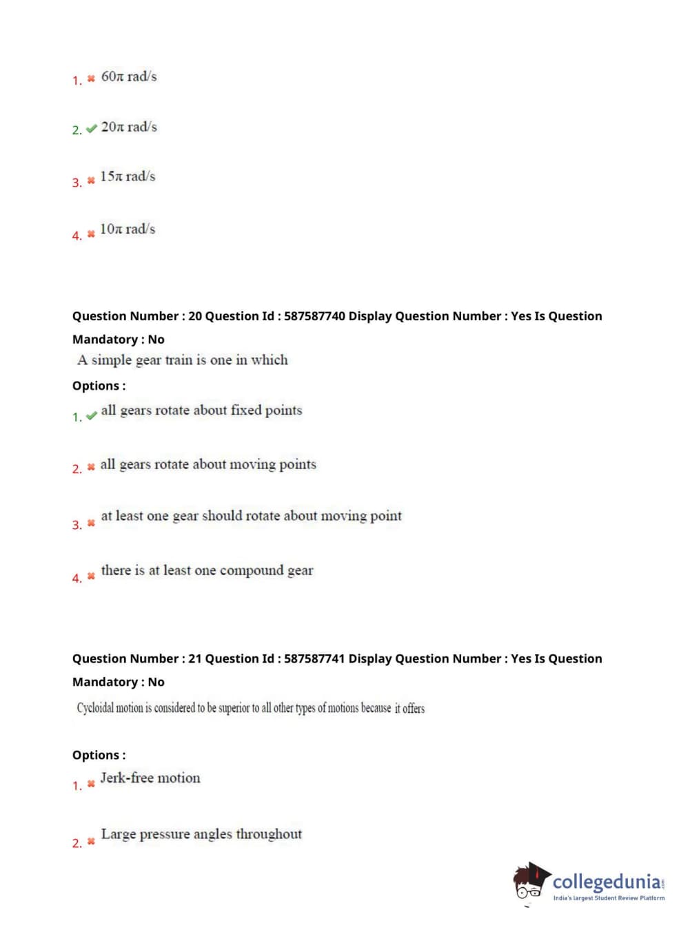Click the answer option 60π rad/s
point(129,76)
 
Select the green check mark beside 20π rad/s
point(91,129)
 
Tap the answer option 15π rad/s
point(128,176)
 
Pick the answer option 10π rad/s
point(128,229)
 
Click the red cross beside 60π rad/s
point(91,79)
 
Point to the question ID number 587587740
point(314,316)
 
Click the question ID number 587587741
point(314,658)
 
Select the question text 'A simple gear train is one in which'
point(183,360)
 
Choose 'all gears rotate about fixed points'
point(201,411)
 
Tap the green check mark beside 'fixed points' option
point(91,416)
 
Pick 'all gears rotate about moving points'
point(208,464)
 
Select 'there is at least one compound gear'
point(207,570)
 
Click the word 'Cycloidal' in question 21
point(95,708)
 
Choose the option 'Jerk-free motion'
point(150,778)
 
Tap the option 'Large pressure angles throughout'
point(201,834)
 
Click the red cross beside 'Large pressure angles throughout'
point(91,842)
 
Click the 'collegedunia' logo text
point(606,881)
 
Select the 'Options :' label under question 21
point(99,755)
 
